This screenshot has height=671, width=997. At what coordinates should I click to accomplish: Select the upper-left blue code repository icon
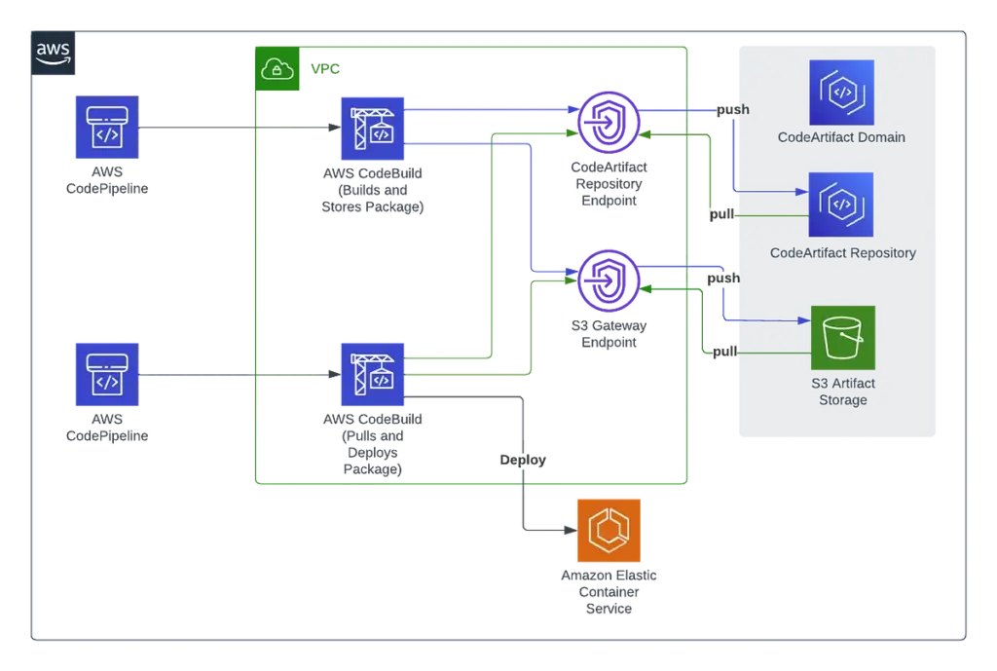click(x=106, y=128)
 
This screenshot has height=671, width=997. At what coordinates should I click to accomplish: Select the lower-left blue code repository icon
click(x=106, y=373)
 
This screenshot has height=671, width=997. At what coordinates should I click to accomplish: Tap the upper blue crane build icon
click(x=374, y=128)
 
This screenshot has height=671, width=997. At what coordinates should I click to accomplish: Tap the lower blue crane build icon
click(x=374, y=373)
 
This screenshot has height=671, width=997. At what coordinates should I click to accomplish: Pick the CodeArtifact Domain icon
click(x=841, y=93)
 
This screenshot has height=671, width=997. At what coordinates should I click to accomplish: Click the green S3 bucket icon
click(x=843, y=338)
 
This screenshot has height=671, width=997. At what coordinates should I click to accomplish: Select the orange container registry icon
click(x=609, y=531)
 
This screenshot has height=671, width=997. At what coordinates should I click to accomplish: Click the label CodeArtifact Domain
click(x=841, y=137)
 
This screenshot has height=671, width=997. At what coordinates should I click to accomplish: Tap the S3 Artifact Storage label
click(x=843, y=392)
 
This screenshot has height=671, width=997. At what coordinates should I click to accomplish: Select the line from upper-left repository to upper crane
click(x=234, y=128)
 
